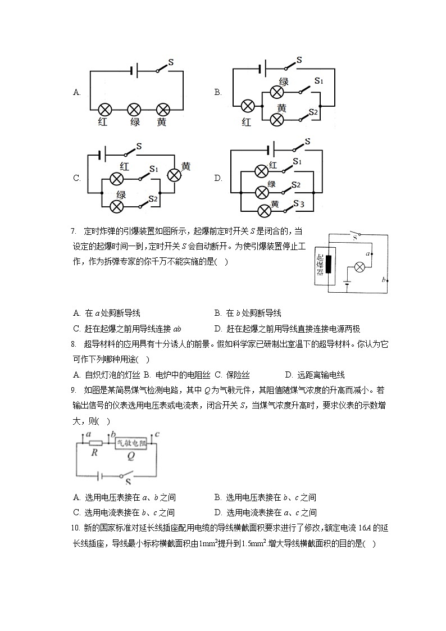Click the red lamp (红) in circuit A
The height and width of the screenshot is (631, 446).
click(x=104, y=109)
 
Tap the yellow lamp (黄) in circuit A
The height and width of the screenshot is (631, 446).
click(x=163, y=109)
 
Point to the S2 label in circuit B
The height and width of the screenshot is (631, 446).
click(x=313, y=112)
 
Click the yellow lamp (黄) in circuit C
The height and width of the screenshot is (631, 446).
click(x=174, y=175)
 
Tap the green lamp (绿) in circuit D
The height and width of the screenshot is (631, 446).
click(x=262, y=192)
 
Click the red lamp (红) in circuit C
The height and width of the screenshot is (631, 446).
click(x=116, y=179)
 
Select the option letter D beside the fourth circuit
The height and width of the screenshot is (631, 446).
click(x=218, y=178)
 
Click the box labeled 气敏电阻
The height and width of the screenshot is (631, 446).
click(x=134, y=443)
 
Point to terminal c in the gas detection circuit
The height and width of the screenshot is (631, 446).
click(x=157, y=434)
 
